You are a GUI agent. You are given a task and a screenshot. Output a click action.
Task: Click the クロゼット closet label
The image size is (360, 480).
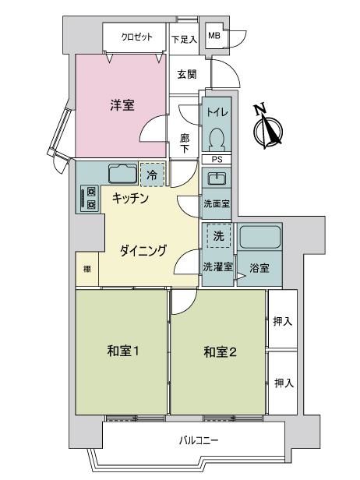tap(136, 37)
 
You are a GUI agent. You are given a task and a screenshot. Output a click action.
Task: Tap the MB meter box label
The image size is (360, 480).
tap(214, 35)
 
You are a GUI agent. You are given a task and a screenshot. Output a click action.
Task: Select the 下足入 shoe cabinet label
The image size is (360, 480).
tap(184, 40)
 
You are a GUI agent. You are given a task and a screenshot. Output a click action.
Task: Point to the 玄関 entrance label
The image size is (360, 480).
tap(187, 74)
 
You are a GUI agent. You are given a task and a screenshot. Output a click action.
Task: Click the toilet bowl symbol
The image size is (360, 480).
tap(217, 139)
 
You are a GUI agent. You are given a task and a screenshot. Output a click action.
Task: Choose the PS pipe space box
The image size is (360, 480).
tap(217, 160)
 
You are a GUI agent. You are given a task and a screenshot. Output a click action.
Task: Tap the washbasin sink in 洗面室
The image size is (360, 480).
tap(217, 178)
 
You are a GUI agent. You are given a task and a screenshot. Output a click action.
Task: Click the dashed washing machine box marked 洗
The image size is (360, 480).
tap(218, 235)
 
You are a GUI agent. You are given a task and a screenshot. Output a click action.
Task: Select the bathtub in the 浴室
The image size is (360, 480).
tap(260, 237)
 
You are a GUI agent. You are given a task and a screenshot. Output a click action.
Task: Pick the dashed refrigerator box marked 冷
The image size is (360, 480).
tap(152, 175)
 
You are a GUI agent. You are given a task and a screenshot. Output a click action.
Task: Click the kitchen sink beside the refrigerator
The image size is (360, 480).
tap(123, 175)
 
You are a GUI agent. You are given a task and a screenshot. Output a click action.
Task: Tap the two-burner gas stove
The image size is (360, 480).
tap(90, 199)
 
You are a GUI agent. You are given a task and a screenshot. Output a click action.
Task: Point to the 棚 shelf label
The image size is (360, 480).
tap(87, 270)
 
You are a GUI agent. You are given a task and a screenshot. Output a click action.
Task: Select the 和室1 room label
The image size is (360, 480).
tap(123, 351)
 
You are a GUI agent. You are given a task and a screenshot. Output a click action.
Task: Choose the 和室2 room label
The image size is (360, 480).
tap(220, 352)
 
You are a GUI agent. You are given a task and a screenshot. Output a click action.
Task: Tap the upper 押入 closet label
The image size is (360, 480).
tap(283, 321)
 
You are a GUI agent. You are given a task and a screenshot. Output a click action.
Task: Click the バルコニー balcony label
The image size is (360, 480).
tap(199, 441)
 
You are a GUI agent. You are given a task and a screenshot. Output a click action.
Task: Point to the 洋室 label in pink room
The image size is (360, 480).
tap(122, 105)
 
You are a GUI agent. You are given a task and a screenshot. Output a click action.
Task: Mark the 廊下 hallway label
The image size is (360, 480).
tap(184, 143)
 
